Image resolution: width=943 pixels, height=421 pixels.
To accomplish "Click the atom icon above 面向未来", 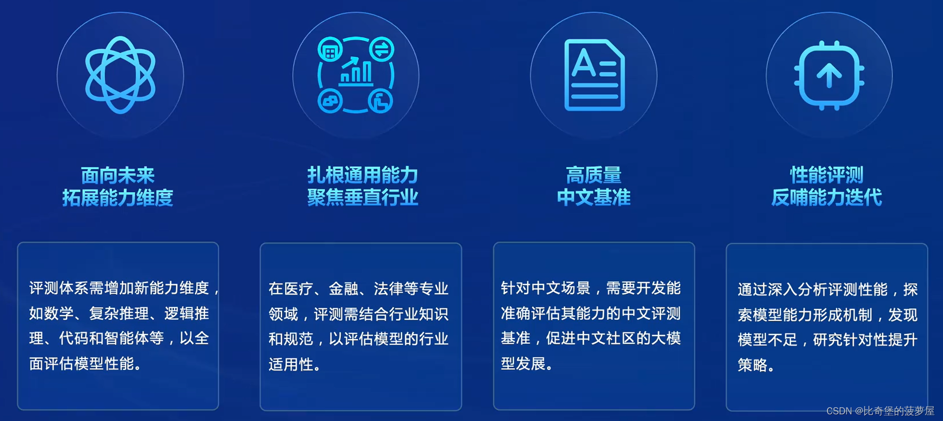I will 120,75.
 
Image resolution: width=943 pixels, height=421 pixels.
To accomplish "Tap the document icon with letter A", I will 594,75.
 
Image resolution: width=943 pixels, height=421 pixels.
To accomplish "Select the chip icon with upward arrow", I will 829,75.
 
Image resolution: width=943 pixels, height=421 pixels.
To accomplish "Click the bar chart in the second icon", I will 356,72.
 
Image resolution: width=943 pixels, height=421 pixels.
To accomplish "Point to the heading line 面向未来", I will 117,175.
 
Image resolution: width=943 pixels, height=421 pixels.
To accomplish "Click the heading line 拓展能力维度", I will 117,197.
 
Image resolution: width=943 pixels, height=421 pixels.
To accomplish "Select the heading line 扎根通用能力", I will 363,175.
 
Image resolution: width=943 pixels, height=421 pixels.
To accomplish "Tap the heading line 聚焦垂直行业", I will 363,197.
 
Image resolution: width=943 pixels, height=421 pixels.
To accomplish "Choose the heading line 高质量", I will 594,175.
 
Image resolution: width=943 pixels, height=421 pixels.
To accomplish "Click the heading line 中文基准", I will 594,197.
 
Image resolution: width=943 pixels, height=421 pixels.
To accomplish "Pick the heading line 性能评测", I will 827,175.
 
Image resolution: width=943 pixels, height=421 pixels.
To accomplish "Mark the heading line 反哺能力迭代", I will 827,197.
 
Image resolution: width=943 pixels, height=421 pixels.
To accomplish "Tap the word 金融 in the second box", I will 344,289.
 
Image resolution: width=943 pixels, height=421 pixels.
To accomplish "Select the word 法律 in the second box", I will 389,289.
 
